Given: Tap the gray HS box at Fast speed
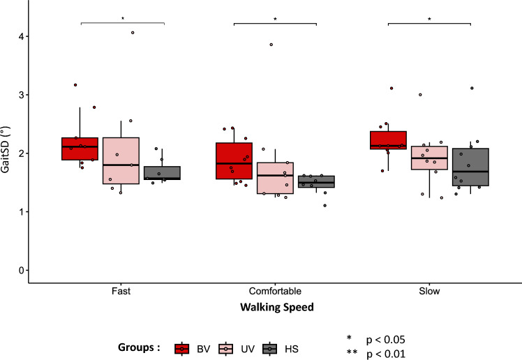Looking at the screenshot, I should [162, 173].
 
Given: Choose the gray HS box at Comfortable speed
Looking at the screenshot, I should [316, 181].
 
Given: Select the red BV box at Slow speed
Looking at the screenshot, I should [388, 140].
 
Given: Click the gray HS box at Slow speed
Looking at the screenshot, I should [470, 167].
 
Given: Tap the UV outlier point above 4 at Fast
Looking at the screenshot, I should [133, 33].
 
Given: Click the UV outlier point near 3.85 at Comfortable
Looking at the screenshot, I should [271, 45].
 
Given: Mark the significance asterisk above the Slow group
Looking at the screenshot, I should [429, 20].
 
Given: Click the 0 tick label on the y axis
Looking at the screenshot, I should [24, 270].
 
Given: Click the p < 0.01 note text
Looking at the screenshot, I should [381, 353].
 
